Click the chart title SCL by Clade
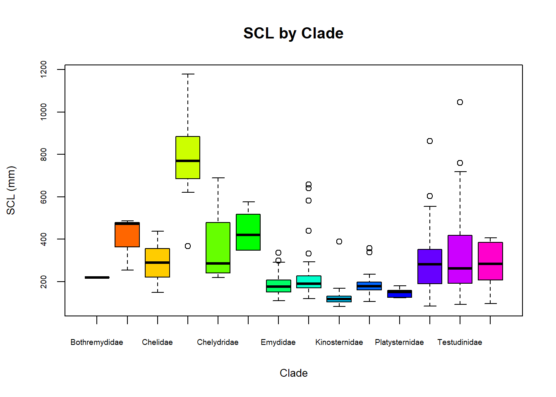tap(293, 33)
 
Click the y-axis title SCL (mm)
tap(11, 190)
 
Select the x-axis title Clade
tap(293, 373)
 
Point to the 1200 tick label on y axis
tap(43, 69)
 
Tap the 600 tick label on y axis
tap(43, 197)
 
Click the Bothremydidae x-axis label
tap(97, 342)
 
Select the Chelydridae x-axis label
tap(218, 342)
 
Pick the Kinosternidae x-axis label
tap(339, 342)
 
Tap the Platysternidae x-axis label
tap(399, 342)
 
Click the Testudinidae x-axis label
tap(460, 342)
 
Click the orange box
tap(127, 236)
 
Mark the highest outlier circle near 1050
tap(460, 102)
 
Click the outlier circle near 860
tap(430, 141)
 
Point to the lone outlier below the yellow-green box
tap(188, 246)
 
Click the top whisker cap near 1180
tap(188, 74)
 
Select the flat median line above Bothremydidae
tap(97, 277)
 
